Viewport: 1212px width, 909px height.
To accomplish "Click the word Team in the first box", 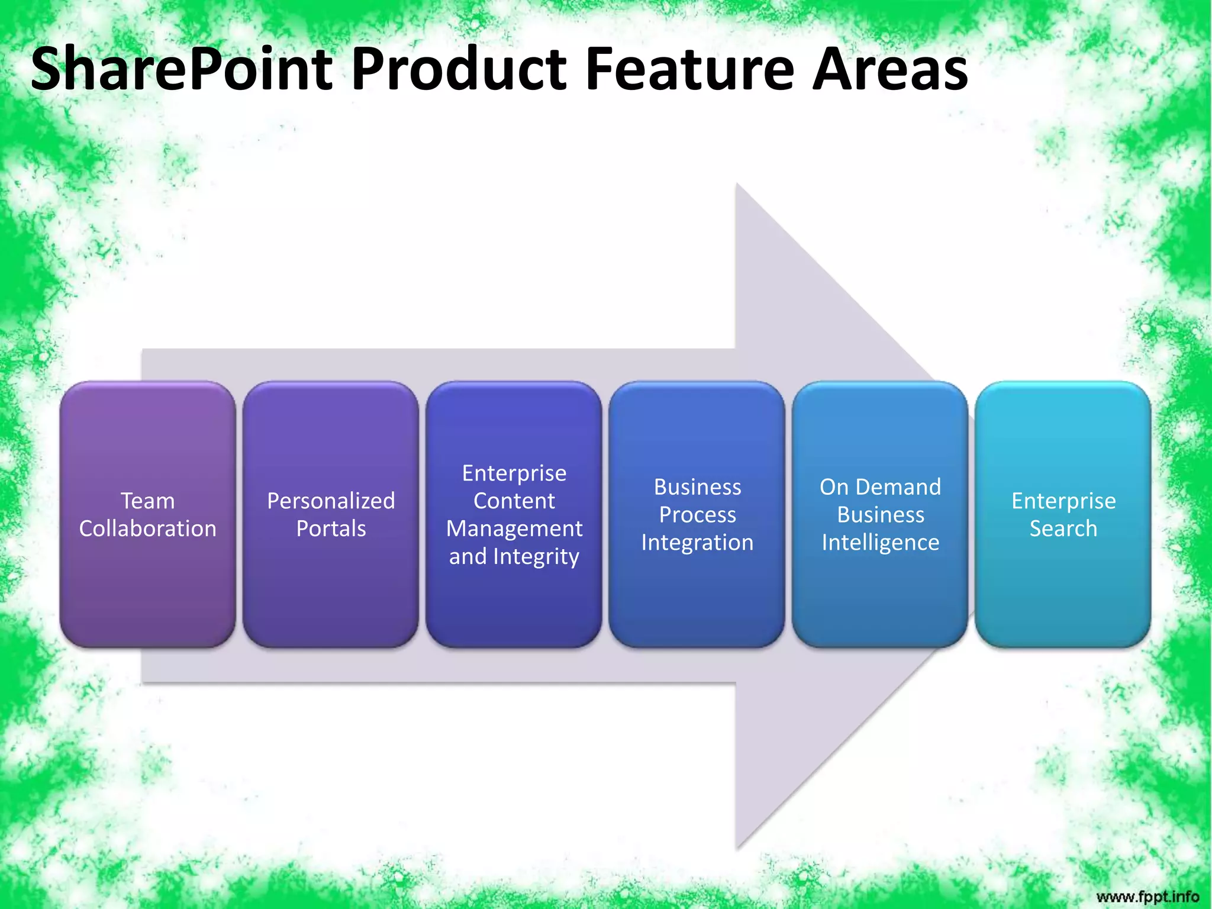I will tap(147, 501).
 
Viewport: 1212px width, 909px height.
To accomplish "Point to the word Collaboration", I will tap(147, 528).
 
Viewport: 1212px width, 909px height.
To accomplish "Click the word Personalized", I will tap(330, 501).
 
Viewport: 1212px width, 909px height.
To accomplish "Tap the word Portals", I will tap(330, 528).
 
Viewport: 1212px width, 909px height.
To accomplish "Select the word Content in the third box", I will tap(514, 501).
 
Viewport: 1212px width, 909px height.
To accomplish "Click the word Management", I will tap(514, 528).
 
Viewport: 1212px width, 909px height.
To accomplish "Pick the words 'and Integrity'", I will tap(514, 556).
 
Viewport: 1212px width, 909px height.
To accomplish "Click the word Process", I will tap(697, 515).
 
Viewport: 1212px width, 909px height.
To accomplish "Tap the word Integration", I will tap(697, 543).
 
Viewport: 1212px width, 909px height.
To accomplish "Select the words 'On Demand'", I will tap(880, 487).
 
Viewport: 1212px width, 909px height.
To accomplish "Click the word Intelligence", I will tap(880, 543).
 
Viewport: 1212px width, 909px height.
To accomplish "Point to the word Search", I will tap(1063, 528).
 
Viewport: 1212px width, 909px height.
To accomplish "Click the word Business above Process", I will tap(697, 487).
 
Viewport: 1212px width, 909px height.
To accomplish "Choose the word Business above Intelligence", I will tap(880, 515).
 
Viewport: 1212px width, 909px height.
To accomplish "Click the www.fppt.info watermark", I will tap(1147, 896).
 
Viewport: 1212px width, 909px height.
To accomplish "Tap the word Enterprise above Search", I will tap(1063, 501).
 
